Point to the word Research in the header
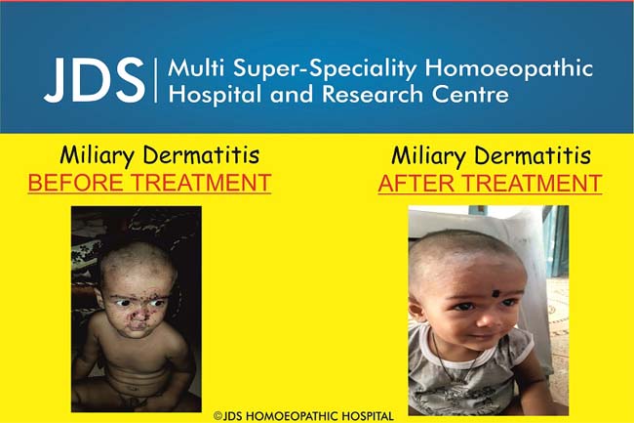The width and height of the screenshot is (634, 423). tap(365, 95)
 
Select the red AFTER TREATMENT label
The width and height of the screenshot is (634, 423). tap(490, 183)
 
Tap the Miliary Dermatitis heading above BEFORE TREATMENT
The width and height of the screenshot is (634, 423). tap(146, 155)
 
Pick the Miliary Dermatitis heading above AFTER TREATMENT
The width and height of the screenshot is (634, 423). tap(490, 156)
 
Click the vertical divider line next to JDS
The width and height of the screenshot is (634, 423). tap(155, 82)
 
